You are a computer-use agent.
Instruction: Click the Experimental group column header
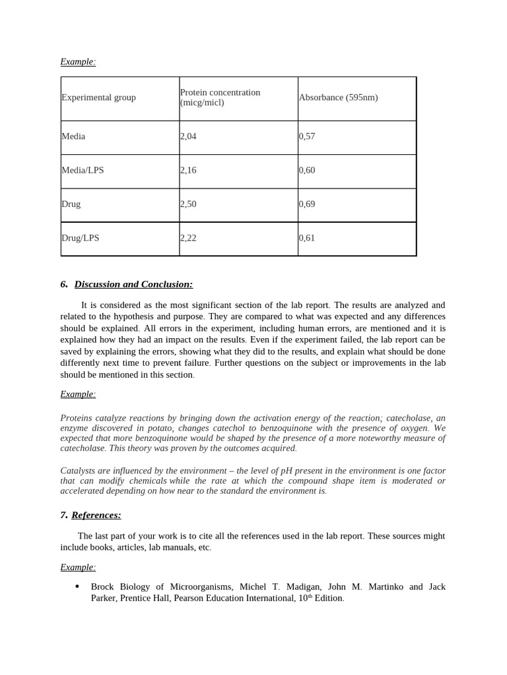(98, 98)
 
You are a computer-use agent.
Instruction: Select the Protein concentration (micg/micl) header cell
(220, 98)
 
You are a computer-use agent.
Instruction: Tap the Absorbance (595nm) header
(338, 98)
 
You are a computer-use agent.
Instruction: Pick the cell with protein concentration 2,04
(188, 136)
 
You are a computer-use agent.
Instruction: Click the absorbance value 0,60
(307, 170)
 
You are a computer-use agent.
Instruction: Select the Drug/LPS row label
(81, 238)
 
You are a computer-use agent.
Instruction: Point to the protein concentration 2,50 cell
(188, 204)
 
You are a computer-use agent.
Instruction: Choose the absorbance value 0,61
(307, 238)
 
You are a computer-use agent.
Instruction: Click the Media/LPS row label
(83, 170)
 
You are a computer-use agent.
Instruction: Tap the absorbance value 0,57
(307, 136)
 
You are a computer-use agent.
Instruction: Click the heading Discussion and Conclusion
(133, 284)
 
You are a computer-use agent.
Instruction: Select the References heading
(96, 515)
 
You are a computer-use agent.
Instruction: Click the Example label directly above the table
(78, 62)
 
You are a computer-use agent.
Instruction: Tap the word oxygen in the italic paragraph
(410, 428)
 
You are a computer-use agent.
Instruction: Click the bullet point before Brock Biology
(77, 587)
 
